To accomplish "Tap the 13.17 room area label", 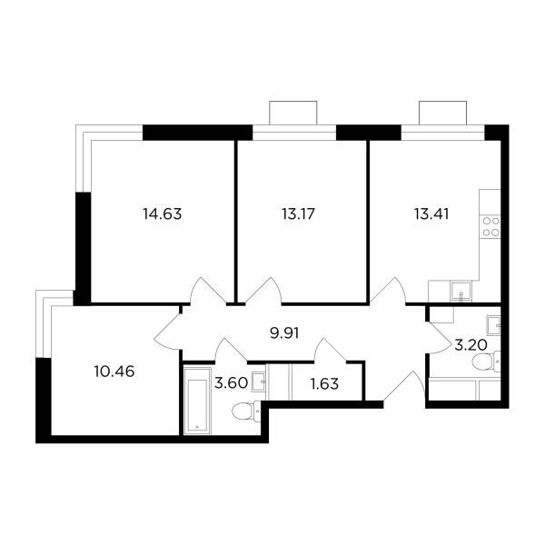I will pos(298,215).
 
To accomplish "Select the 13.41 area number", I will pos(431,215).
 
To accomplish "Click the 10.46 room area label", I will pos(114,371).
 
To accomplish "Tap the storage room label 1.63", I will pos(324,382).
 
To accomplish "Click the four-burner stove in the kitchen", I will pos(491,226).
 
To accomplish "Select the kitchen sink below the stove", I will pos(461,292).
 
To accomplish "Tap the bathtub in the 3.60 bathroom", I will pos(195,399).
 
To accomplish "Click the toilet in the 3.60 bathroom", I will pos(245,414).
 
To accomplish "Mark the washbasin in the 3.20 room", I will pos(492,324).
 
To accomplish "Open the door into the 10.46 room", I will pos(169,330).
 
